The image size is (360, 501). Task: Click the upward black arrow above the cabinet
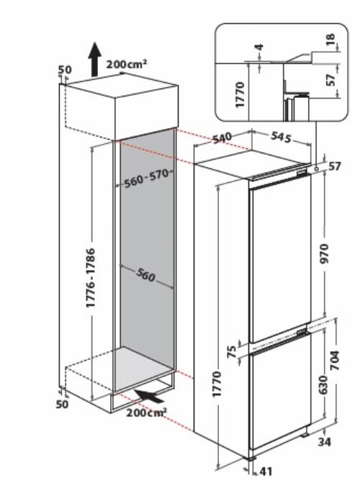pyautogui.click(x=94, y=60)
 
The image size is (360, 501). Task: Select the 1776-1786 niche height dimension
pyautogui.click(x=91, y=278)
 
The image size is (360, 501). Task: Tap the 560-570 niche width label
pyautogui.click(x=146, y=179)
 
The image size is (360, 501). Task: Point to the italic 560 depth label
pyautogui.click(x=145, y=275)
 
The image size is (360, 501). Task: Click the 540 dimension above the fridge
pyautogui.click(x=222, y=138)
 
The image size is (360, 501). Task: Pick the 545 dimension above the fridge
pyautogui.click(x=282, y=137)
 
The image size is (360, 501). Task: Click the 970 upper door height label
pyautogui.click(x=324, y=253)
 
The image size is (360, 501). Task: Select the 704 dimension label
pyautogui.click(x=334, y=361)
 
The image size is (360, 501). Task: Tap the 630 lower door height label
pyautogui.click(x=323, y=385)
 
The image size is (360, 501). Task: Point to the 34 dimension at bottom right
pyautogui.click(x=325, y=442)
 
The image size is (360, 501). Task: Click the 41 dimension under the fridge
pyautogui.click(x=266, y=471)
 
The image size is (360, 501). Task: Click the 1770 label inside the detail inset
pyautogui.click(x=240, y=95)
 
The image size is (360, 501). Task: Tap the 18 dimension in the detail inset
pyautogui.click(x=330, y=39)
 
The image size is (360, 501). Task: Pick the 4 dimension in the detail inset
pyautogui.click(x=260, y=48)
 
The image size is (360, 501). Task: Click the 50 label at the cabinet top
pyautogui.click(x=65, y=69)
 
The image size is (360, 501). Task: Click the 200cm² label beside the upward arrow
pyautogui.click(x=127, y=64)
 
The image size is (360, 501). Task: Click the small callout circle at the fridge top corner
pyautogui.click(x=316, y=168)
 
